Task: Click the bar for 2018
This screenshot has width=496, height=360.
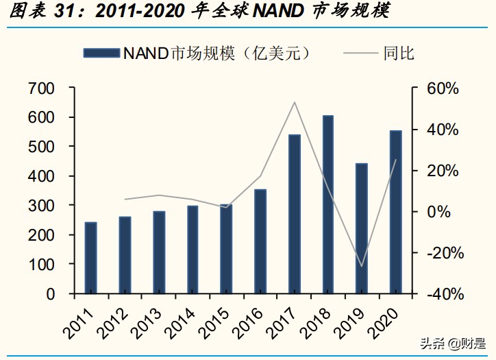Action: coord(328,204)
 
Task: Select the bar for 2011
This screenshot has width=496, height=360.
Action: coord(90,258)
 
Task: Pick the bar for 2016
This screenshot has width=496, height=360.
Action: coord(260,241)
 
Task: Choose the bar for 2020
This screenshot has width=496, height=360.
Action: coord(396,212)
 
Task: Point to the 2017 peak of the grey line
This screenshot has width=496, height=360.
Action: coord(295,102)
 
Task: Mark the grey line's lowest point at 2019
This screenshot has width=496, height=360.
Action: coord(362,266)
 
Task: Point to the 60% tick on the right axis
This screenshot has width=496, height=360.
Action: coord(444,88)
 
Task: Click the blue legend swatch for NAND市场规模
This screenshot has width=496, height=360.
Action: coord(101,53)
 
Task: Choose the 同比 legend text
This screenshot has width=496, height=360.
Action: coord(399,53)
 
